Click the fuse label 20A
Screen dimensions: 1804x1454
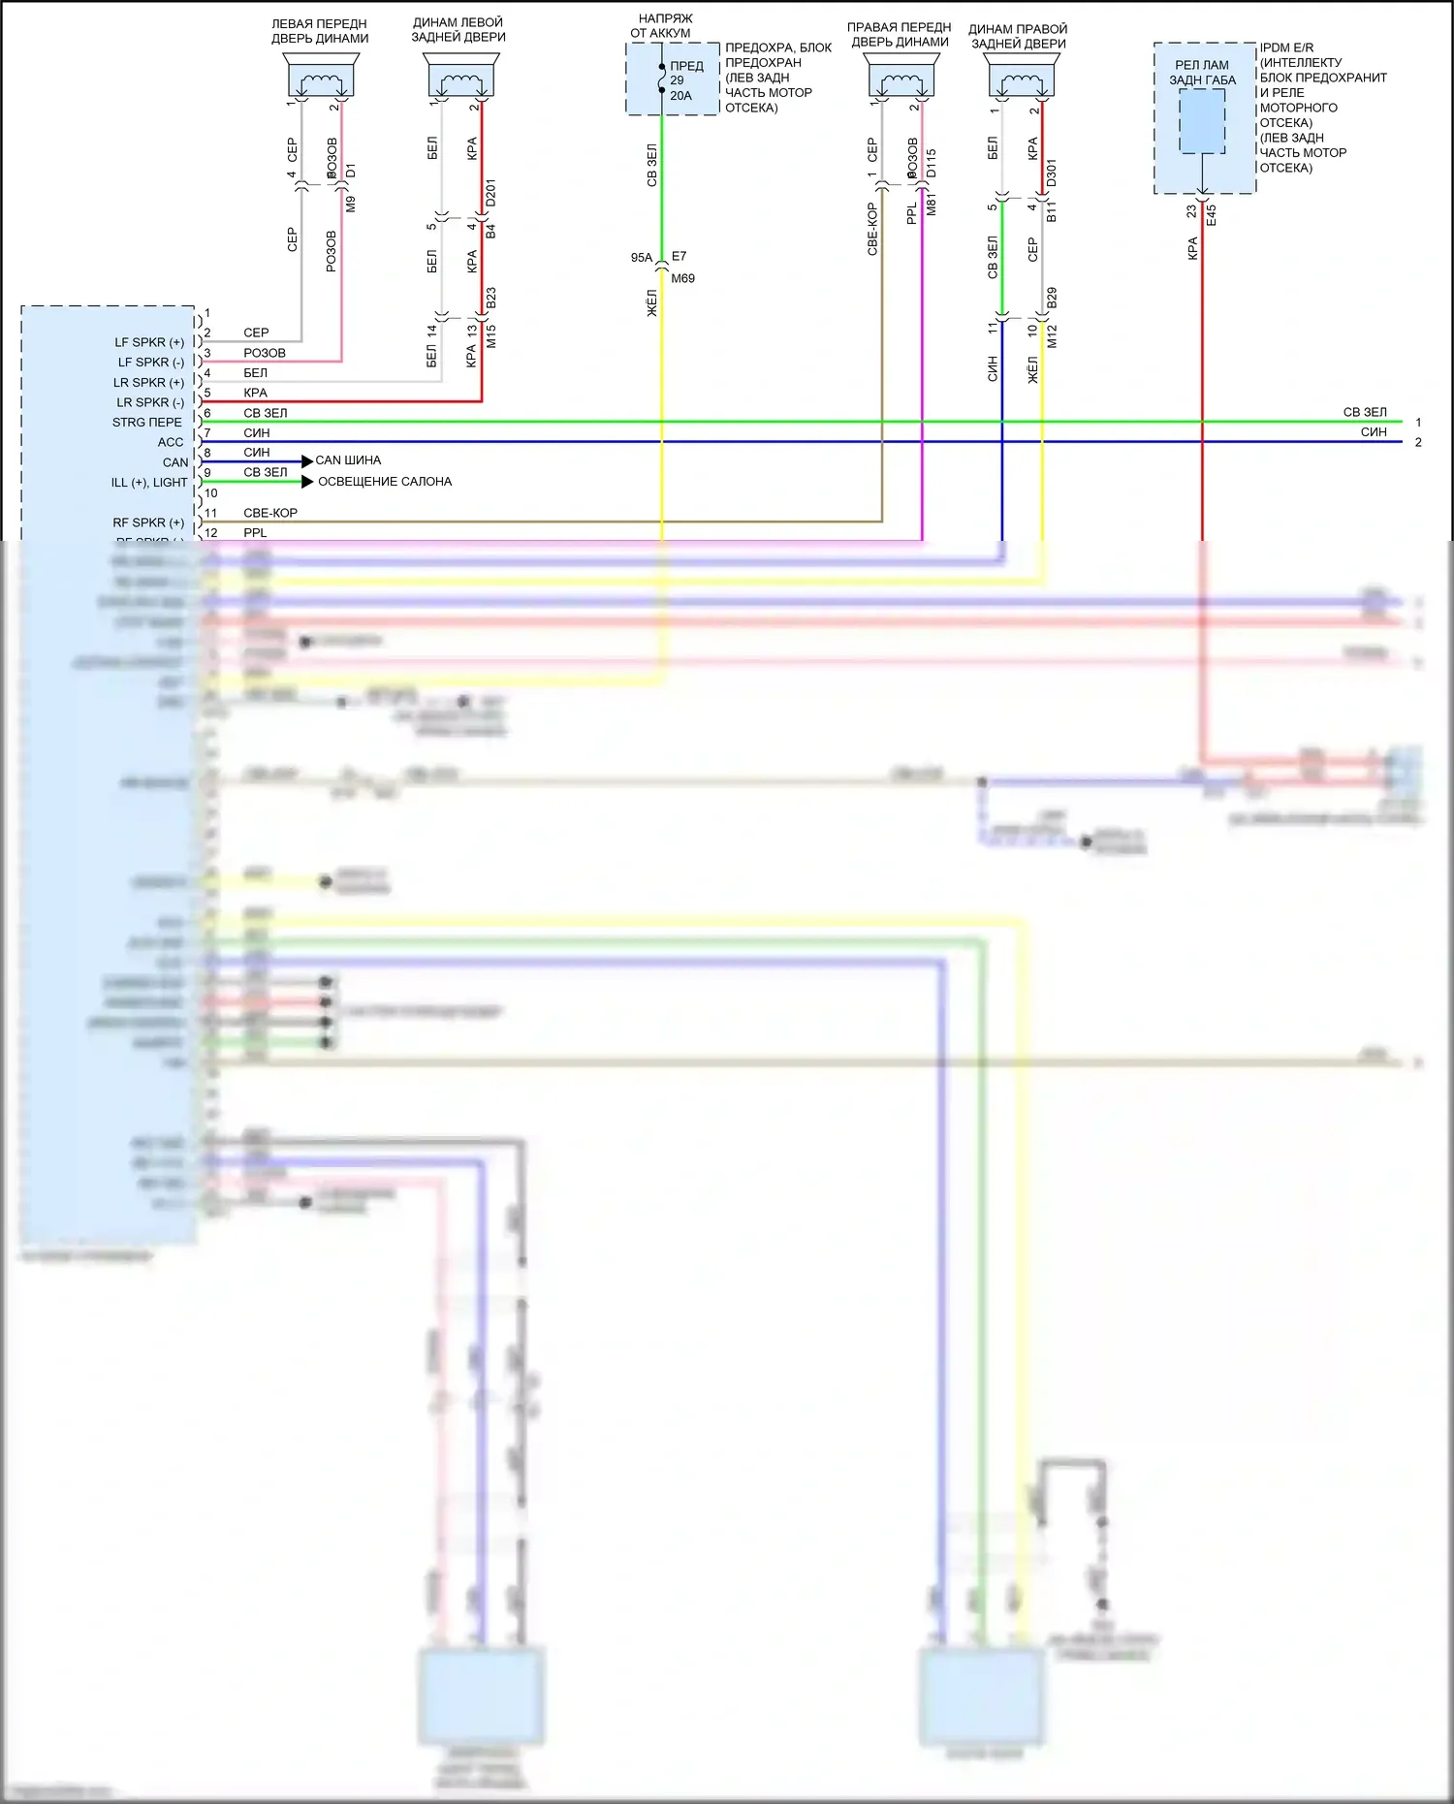click(x=680, y=96)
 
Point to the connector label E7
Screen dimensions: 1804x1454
click(x=679, y=257)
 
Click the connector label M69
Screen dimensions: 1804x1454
click(x=682, y=278)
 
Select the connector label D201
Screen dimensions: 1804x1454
click(x=490, y=192)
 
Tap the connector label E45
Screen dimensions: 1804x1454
click(x=1212, y=214)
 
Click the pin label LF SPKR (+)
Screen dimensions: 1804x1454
click(x=149, y=342)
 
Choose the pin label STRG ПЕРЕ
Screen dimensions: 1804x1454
click(x=147, y=423)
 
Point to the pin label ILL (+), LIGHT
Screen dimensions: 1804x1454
click(x=149, y=483)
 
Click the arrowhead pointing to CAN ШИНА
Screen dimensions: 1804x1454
click(x=307, y=461)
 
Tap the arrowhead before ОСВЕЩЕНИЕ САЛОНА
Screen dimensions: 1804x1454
click(x=307, y=482)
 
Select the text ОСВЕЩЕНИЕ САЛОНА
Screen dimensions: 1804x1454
click(x=385, y=482)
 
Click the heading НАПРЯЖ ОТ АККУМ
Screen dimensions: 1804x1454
click(x=664, y=26)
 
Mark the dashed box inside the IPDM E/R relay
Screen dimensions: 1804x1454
click(x=1202, y=121)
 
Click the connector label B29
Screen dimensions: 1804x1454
click(x=1053, y=299)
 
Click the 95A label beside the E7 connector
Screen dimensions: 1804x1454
click(x=641, y=258)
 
